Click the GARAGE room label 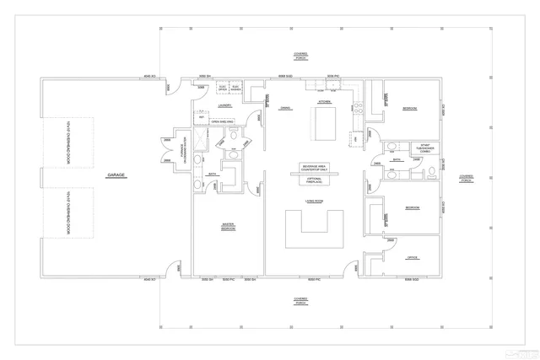pyautogui.click(x=116, y=175)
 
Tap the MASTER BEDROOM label pyautogui.click(x=228, y=226)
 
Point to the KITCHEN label pyautogui.click(x=324, y=101)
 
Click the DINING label pyautogui.click(x=285, y=107)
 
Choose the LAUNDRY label pyautogui.click(x=224, y=105)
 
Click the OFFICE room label pyautogui.click(x=413, y=257)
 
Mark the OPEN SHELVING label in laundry pyautogui.click(x=210, y=121)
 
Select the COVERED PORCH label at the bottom pyautogui.click(x=300, y=299)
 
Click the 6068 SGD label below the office pyautogui.click(x=412, y=278)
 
